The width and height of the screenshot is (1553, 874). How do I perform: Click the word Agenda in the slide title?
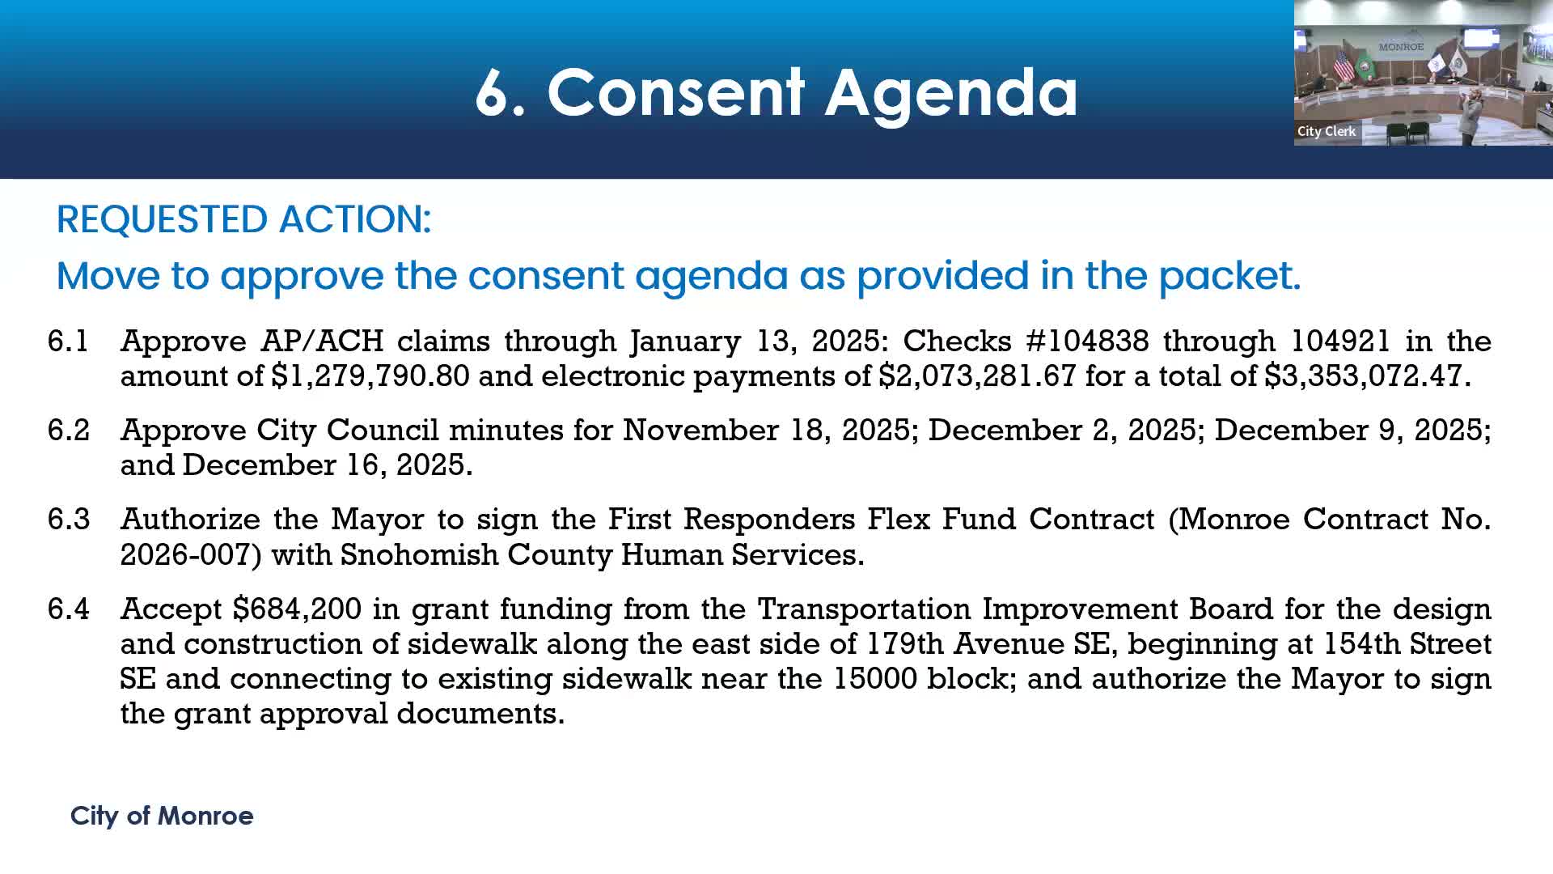[x=951, y=93]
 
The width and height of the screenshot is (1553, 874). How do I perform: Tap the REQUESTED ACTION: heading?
[x=243, y=219]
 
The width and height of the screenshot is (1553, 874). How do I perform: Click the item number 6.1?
[x=68, y=341]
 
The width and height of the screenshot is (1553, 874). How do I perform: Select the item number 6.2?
[x=68, y=430]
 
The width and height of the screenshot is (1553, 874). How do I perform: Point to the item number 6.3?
[x=68, y=519]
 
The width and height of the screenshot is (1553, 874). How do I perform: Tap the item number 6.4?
[x=68, y=609]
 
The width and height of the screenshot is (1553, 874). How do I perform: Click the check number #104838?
[x=1087, y=341]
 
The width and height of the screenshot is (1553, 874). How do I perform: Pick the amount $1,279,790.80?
[x=370, y=376]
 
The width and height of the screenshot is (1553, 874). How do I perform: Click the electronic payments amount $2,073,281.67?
[x=978, y=376]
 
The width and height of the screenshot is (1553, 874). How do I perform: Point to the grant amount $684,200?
[x=297, y=609]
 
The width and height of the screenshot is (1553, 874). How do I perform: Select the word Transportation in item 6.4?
[x=864, y=609]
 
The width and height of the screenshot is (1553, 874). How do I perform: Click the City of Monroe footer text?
[x=162, y=816]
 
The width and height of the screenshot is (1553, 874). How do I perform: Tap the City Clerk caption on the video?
[x=1327, y=131]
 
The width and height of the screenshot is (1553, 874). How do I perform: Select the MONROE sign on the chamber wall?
[x=1401, y=47]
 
